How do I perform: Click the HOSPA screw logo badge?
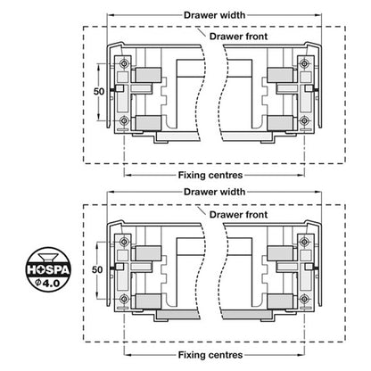point(48,269)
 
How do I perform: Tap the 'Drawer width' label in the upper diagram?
point(215,15)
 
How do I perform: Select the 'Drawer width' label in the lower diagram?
point(215,192)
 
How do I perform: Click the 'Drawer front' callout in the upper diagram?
point(238,37)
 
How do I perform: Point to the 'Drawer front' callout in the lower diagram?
point(238,214)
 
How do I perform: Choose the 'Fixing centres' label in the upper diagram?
point(210,175)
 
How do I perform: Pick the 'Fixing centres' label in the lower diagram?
point(210,355)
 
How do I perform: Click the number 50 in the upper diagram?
point(99,91)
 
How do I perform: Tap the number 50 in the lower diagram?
point(97,269)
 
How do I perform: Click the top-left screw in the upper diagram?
point(124,63)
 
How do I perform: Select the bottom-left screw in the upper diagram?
point(124,120)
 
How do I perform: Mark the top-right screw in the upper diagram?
point(304,63)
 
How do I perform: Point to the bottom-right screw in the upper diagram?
point(304,120)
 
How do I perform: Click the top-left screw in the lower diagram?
point(124,242)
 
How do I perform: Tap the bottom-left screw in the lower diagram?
point(124,299)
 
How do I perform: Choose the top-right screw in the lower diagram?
point(304,242)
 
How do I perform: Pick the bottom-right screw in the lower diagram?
point(304,299)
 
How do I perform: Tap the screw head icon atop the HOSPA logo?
point(48,257)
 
